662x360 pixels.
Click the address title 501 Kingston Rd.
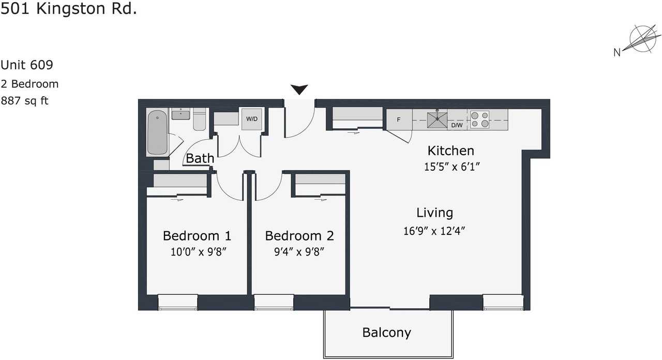[69, 9]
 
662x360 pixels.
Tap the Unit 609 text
[26, 65]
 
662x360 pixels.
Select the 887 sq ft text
[24, 101]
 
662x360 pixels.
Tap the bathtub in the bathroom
[157, 132]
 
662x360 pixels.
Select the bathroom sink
[180, 114]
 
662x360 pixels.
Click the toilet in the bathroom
[200, 119]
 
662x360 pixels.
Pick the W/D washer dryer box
[252, 119]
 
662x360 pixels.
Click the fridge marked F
[399, 119]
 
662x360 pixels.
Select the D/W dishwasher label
[457, 125]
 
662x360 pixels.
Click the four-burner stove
[479, 119]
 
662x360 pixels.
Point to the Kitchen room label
[450, 151]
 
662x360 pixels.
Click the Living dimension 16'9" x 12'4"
[434, 231]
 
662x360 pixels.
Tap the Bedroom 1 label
[197, 236]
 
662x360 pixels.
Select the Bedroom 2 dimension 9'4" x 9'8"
[299, 252]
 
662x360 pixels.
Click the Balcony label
[386, 333]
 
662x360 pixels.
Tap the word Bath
[200, 158]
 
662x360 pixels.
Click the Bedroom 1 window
[177, 302]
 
